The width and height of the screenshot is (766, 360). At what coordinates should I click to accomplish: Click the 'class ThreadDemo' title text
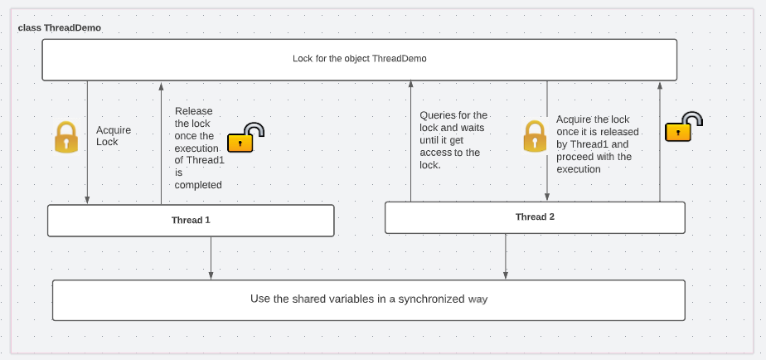point(60,28)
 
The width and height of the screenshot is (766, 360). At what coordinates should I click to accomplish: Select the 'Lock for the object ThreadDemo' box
point(359,60)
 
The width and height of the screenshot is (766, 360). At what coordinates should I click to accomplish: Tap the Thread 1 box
point(191,221)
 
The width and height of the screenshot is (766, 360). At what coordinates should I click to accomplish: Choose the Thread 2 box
point(535,217)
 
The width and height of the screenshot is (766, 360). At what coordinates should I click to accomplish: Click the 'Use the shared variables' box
point(368,299)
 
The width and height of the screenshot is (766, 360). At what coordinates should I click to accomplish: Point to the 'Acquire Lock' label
point(114,136)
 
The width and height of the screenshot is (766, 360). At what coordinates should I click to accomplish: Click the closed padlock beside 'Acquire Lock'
point(66,138)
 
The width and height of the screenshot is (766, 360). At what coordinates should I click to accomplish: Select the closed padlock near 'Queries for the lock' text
point(535,137)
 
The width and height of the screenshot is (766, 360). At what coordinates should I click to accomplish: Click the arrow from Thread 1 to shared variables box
point(211,258)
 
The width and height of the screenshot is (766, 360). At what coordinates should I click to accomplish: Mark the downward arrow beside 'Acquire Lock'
point(87,141)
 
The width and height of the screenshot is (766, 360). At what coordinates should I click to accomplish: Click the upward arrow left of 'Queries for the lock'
point(410,141)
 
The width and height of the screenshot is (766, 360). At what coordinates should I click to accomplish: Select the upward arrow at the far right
point(660,141)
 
